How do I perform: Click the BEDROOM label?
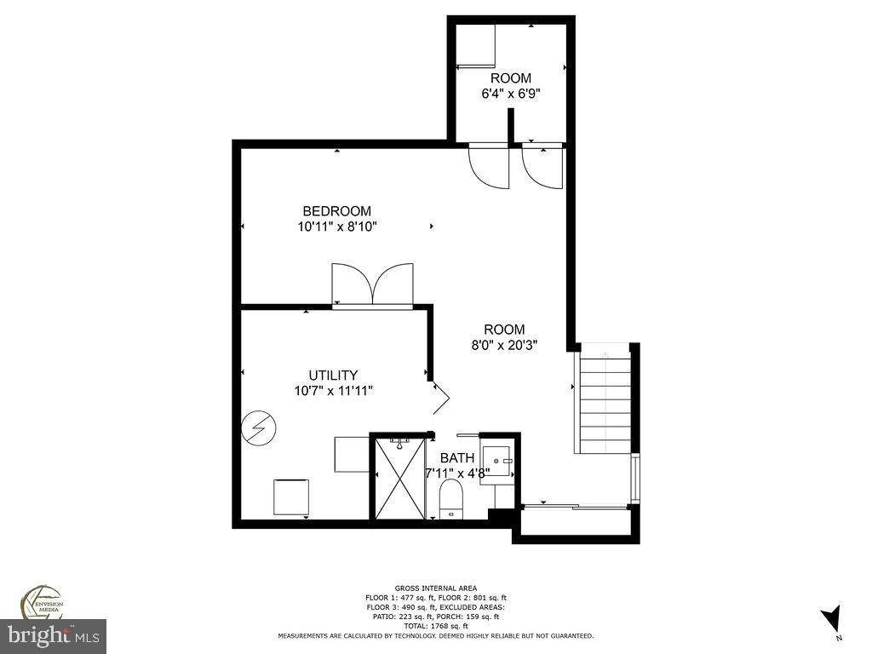pyautogui.click(x=337, y=211)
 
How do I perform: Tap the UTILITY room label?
pyautogui.click(x=332, y=375)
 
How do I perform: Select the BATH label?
pyautogui.click(x=457, y=458)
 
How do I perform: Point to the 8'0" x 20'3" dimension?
pyautogui.click(x=505, y=345)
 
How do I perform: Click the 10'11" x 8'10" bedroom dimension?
pyautogui.click(x=337, y=227)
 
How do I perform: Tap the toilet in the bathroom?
pyautogui.click(x=450, y=498)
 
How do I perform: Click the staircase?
pyautogui.click(x=605, y=404)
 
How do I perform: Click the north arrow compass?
pyautogui.click(x=832, y=619)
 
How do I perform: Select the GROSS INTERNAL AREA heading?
pyautogui.click(x=435, y=588)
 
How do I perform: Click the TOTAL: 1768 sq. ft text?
pyautogui.click(x=436, y=626)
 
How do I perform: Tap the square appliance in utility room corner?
pyautogui.click(x=291, y=496)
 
